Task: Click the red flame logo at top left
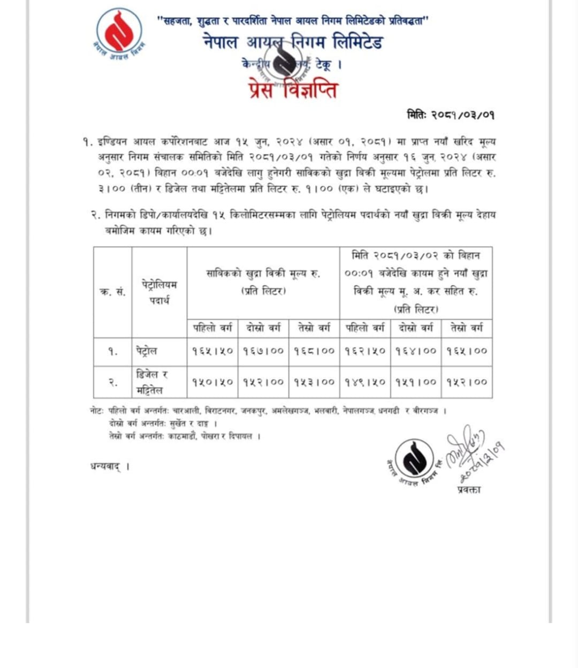[x=119, y=32]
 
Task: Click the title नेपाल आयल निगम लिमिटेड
[x=293, y=42]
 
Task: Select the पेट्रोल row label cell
[x=146, y=352]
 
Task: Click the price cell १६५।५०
[x=212, y=352]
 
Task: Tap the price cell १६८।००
[x=314, y=352]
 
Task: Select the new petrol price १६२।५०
[x=365, y=352]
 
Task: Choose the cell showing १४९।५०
[x=365, y=382]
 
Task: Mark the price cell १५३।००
[x=314, y=382]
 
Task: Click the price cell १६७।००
[x=263, y=352]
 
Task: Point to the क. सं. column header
[x=113, y=292]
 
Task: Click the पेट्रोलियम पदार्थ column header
[x=159, y=292]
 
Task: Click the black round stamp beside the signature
[x=415, y=459]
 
